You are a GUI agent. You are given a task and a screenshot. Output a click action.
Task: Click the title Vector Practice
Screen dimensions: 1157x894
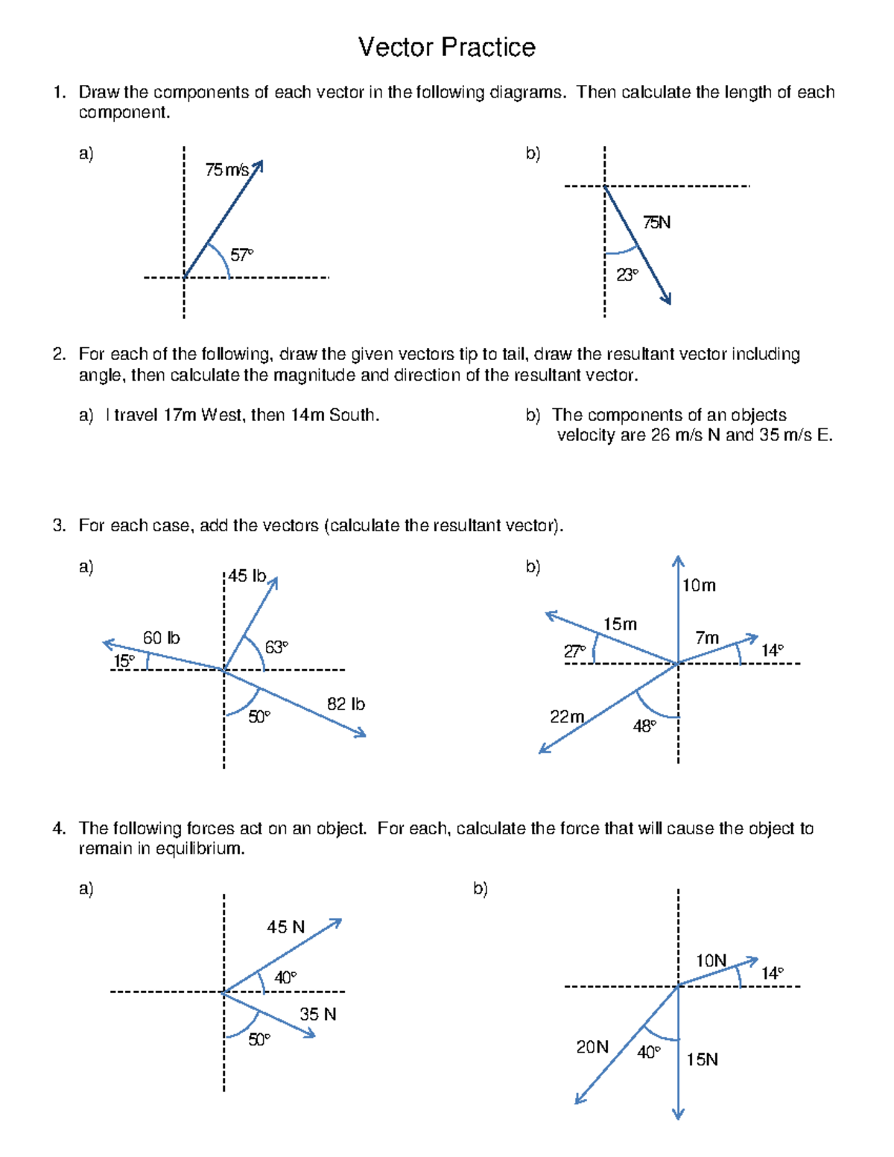[446, 47]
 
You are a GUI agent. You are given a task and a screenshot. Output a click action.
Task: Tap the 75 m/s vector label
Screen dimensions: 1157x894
[227, 170]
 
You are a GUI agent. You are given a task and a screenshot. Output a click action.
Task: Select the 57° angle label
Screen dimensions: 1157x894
[241, 256]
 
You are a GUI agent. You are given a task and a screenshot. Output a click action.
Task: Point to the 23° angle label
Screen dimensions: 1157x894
[627, 275]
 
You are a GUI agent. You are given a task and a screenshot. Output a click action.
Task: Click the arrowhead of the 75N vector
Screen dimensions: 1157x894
[668, 299]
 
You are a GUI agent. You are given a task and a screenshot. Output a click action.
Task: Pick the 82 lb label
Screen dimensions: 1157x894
[346, 704]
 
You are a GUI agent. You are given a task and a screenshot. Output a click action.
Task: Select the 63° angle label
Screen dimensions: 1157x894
[276, 647]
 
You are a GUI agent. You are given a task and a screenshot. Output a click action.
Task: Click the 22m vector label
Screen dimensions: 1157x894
[566, 717]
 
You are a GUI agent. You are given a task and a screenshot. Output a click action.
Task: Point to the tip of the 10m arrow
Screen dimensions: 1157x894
[678, 559]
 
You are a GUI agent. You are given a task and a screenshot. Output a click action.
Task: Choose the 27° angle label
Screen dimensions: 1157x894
[574, 652]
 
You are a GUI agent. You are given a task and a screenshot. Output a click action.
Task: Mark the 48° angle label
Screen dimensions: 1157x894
[644, 726]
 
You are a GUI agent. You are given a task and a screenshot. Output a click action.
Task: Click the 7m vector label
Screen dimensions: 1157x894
[707, 638]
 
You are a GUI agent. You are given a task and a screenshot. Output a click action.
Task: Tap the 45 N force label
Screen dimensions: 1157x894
[286, 927]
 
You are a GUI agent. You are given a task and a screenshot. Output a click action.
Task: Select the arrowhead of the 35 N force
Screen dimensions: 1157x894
[311, 1034]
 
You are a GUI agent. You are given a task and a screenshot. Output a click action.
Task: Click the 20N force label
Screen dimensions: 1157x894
[592, 1047]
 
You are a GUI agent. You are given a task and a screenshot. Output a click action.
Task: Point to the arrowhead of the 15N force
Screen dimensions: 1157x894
[678, 1115]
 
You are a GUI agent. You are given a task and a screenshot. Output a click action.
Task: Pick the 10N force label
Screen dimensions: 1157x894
[711, 960]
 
